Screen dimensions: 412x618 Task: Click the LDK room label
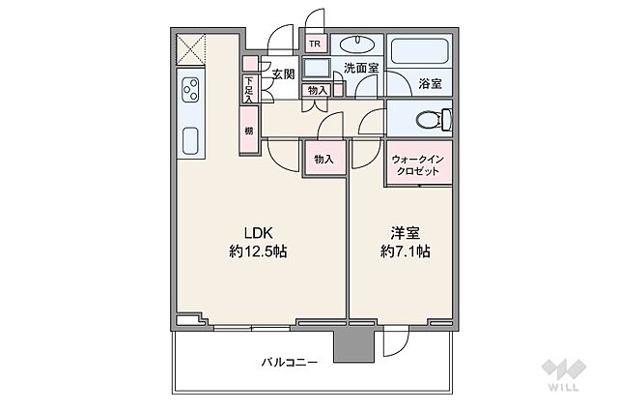coord(258,233)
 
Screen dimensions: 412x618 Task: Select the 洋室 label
coord(405,233)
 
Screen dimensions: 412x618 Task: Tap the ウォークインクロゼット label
coord(416,164)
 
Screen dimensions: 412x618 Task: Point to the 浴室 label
coord(430,84)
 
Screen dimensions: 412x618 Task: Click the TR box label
coord(315,44)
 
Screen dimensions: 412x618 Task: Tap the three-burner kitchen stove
coord(189,93)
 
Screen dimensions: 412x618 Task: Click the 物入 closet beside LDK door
coord(323,159)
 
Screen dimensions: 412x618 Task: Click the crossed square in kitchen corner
coord(189,48)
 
